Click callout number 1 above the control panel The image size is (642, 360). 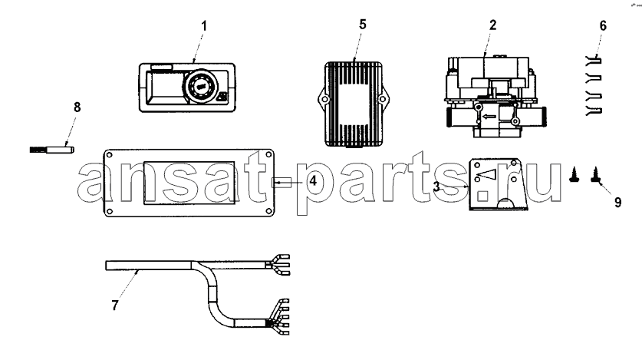204,26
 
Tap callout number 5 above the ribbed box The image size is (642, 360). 363,25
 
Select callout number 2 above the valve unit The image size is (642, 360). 492,25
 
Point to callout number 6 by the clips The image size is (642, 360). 603,26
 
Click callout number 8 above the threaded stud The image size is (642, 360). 77,107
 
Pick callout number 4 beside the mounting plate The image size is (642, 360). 313,180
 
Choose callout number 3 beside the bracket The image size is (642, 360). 437,187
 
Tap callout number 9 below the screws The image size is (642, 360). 618,203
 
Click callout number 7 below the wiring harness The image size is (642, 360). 115,306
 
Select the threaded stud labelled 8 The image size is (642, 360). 52,150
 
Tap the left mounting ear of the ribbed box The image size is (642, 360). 323,99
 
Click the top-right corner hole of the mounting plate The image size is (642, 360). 268,155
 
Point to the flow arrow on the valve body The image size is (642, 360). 489,117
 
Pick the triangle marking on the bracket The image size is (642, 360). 487,175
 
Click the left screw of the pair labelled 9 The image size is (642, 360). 574,175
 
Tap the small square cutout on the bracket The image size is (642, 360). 482,196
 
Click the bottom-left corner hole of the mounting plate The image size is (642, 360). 110,211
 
